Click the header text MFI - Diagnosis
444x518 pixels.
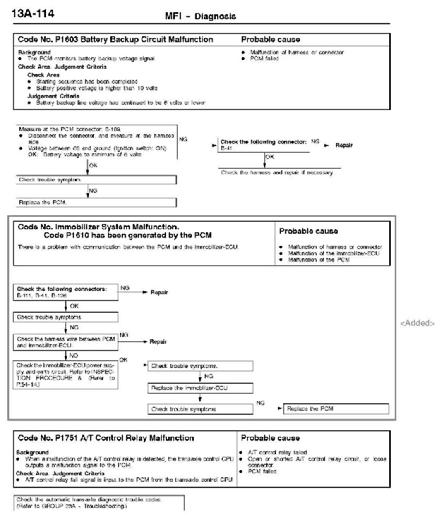200,17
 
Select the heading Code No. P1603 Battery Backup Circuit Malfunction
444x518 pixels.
115,40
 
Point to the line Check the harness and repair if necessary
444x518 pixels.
277,172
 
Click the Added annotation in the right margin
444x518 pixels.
418,323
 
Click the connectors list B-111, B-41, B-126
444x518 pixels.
42,296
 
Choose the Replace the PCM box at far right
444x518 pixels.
336,409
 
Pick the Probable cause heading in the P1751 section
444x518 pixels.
270,438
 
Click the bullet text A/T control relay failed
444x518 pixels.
278,453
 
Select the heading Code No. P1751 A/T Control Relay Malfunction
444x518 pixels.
106,438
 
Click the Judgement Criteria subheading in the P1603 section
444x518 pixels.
53,96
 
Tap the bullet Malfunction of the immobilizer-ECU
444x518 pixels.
334,253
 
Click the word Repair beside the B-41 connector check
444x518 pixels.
343,146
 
